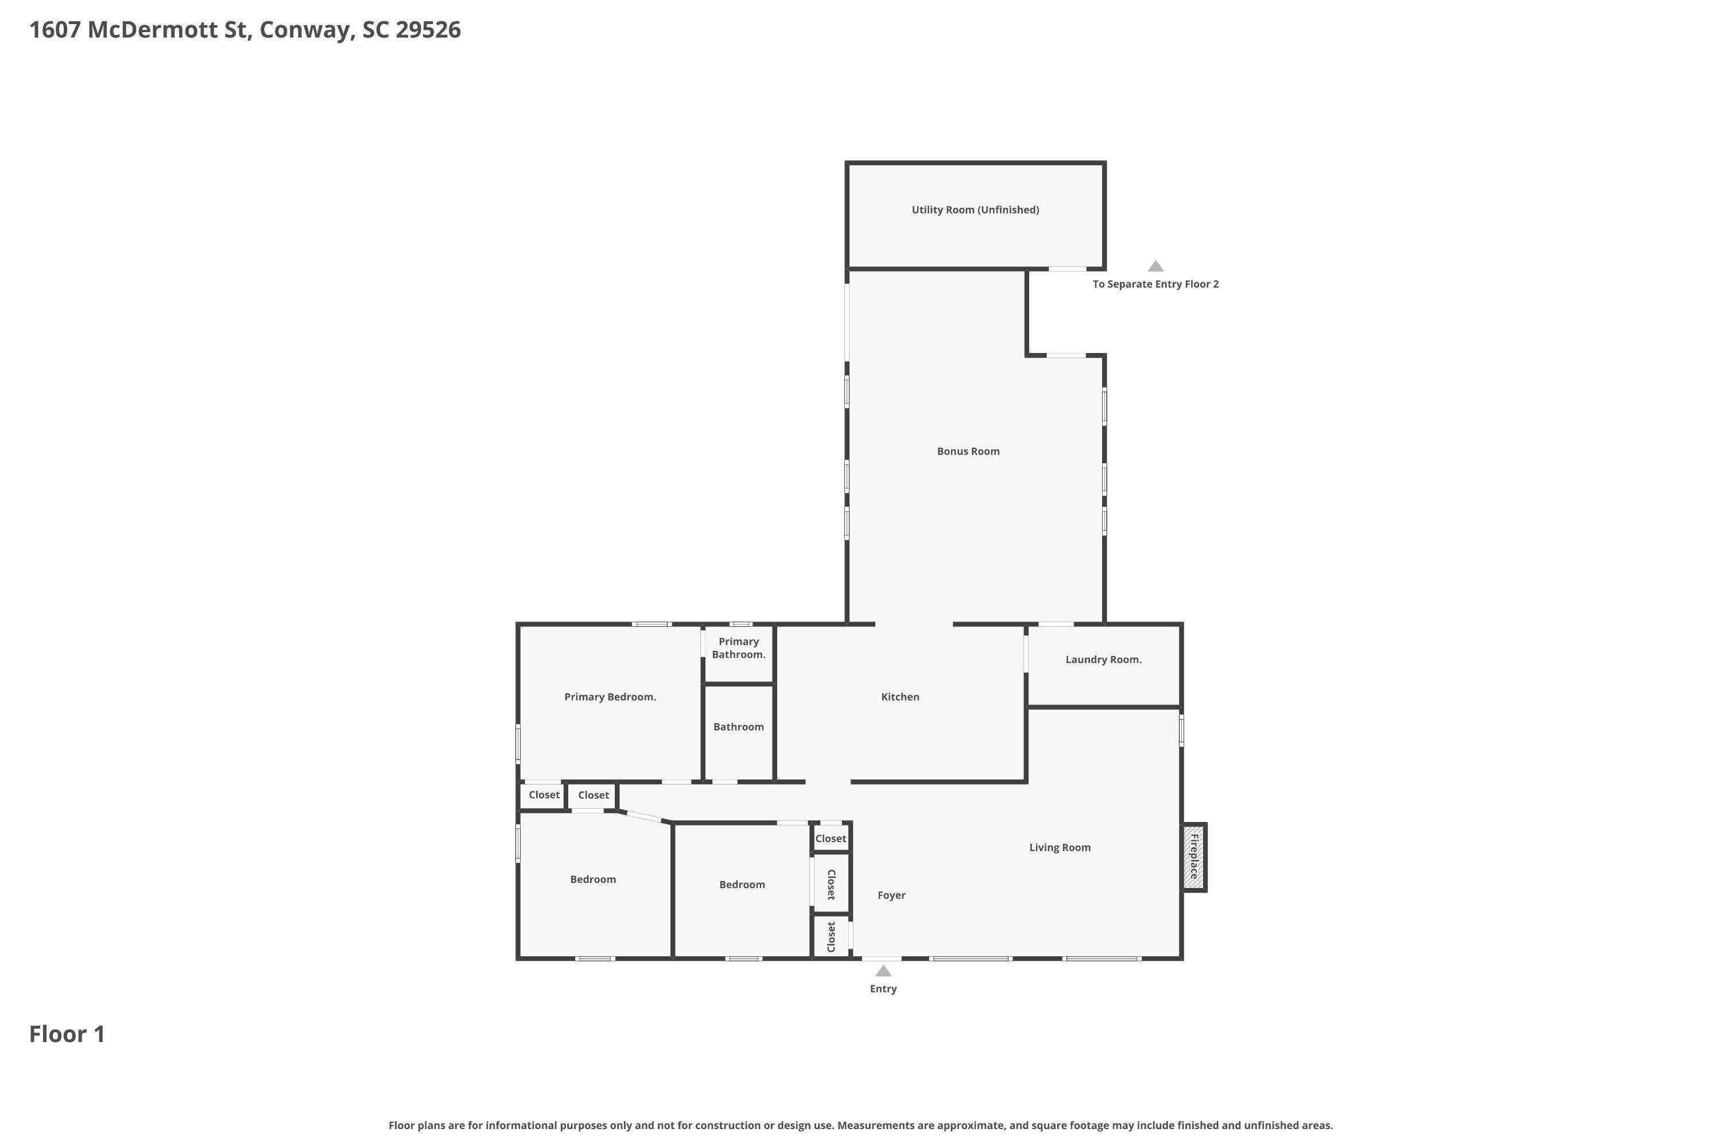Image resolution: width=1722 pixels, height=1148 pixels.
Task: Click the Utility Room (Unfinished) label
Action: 975,210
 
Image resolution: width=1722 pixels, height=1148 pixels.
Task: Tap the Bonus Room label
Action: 968,452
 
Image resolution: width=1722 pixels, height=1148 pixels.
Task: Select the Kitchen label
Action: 900,697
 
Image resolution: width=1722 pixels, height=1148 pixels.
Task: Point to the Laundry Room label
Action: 1103,660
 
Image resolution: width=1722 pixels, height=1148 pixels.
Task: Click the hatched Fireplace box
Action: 1193,856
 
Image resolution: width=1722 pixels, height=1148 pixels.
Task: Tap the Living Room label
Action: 1060,848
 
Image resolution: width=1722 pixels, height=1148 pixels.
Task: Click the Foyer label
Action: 891,895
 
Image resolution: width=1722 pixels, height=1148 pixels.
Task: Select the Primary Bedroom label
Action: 610,697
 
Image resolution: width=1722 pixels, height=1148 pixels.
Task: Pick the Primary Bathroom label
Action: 738,648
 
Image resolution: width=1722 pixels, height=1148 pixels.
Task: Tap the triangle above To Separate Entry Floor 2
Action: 1155,266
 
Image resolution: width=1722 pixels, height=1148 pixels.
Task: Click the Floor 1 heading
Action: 67,1034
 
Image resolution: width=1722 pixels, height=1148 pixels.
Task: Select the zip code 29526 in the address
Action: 428,30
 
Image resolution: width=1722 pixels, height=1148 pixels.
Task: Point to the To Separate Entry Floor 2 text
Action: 1155,284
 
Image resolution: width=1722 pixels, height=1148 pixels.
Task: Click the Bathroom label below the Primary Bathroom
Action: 738,727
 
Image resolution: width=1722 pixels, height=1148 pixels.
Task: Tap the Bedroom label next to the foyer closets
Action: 742,885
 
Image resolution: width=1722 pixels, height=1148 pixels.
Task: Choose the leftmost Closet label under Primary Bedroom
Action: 544,795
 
